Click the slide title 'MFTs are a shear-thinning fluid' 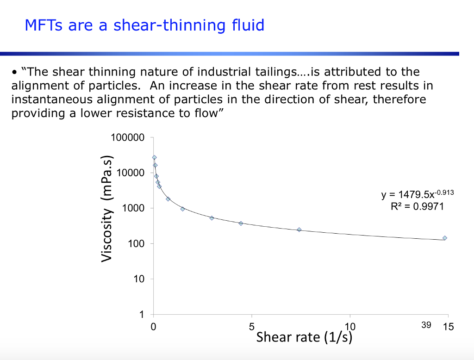click(144, 25)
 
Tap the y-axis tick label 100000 click(128, 138)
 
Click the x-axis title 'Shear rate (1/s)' click(304, 337)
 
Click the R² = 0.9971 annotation click(417, 206)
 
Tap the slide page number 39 click(426, 325)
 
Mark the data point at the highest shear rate click(445, 238)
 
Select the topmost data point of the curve click(154, 157)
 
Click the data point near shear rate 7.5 click(299, 230)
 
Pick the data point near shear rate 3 click(212, 218)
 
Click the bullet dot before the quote click(14, 73)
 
